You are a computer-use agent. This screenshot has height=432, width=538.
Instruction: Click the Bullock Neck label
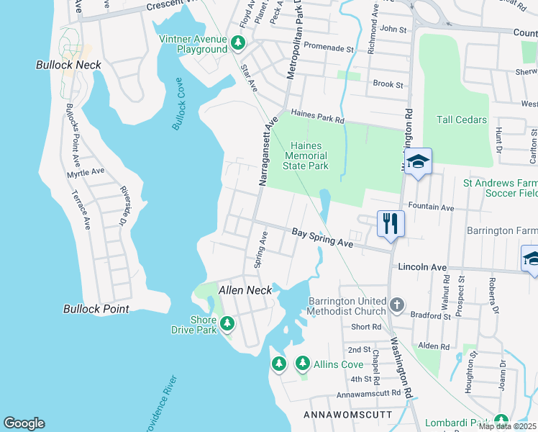tap(68, 65)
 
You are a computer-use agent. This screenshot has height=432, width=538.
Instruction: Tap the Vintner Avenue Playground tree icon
tap(238, 45)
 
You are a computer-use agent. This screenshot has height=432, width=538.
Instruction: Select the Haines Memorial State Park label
tap(306, 156)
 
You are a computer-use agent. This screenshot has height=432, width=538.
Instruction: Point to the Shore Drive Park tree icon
tap(227, 324)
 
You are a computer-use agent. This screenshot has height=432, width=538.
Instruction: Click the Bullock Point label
tap(96, 309)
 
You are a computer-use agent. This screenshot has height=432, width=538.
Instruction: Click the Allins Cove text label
tap(338, 364)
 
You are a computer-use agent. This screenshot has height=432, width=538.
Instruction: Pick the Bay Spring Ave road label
tap(322, 238)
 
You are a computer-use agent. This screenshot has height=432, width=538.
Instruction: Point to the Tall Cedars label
tap(461, 120)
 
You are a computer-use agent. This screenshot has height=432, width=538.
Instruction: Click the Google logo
tap(24, 423)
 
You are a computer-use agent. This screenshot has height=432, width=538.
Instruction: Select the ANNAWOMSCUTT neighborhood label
tap(347, 415)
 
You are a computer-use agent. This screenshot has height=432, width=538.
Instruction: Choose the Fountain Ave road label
tap(431, 207)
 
